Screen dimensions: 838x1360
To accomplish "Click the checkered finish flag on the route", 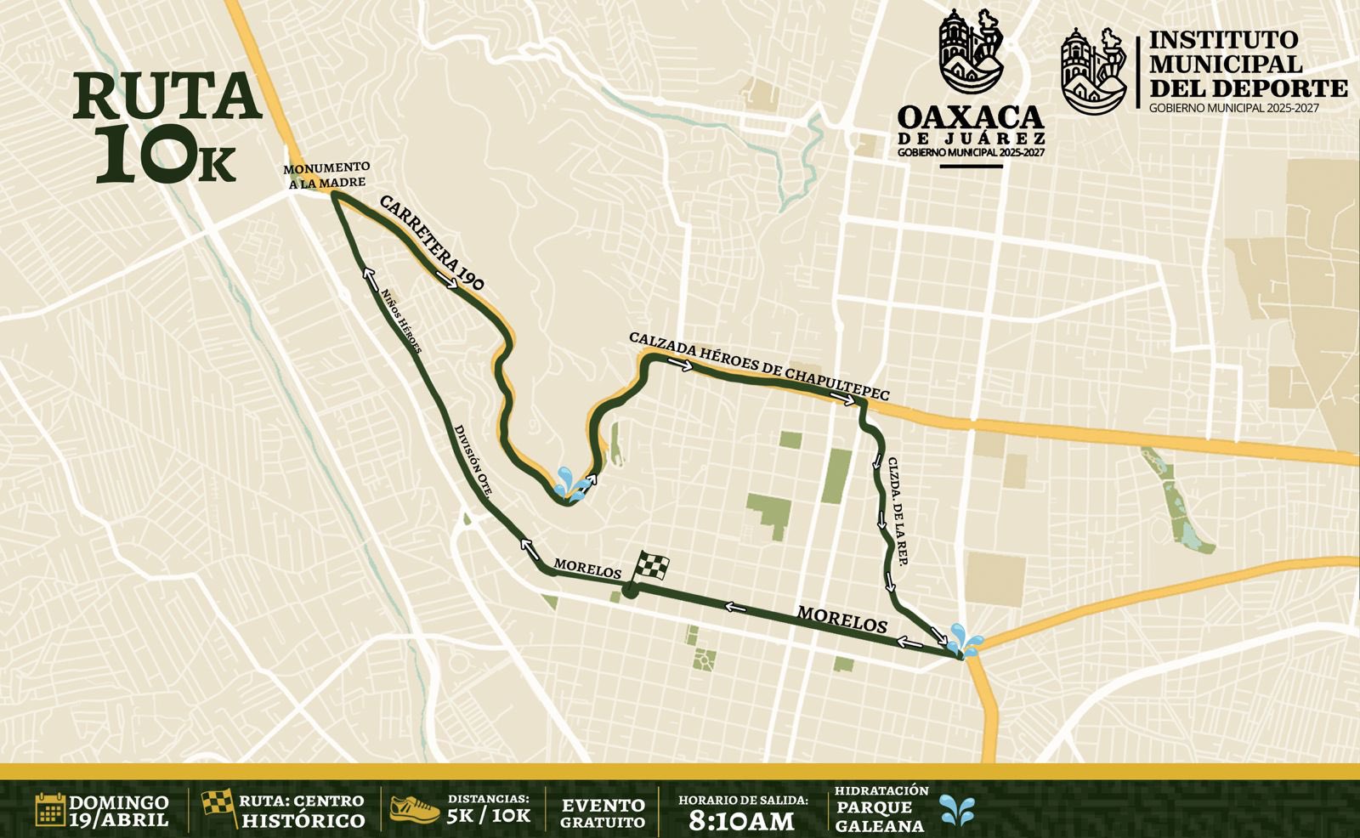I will tap(650, 566).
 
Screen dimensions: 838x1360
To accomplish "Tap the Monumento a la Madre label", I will tap(326, 174).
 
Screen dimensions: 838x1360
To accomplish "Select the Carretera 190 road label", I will tap(432, 243).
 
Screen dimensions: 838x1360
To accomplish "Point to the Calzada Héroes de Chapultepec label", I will tap(759, 365).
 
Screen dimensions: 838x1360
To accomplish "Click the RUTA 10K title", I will tap(165, 127).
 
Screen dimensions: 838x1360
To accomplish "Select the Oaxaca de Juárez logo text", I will tap(971, 127).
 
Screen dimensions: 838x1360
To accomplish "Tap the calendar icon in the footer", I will tap(50, 809).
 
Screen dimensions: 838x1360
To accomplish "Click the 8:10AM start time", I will tap(741, 820).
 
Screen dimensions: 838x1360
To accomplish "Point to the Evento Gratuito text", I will tap(603, 813).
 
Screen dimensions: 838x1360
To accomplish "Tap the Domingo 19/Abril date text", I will tap(119, 812).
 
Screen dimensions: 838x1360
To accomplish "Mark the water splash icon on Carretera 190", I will tap(569, 483).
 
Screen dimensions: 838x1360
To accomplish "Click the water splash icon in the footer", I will tap(957, 812).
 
